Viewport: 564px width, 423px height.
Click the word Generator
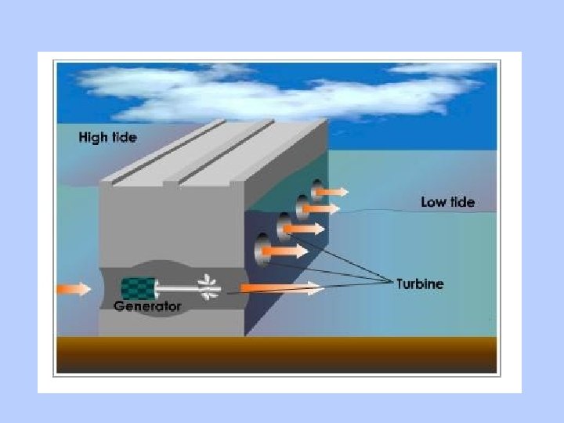click(147, 306)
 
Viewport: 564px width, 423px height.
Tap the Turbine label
click(419, 284)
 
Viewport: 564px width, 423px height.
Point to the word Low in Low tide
click(433, 202)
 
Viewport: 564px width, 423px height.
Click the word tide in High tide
click(122, 138)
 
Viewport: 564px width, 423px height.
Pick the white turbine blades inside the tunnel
click(208, 287)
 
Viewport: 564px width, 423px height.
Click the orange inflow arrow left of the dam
click(74, 288)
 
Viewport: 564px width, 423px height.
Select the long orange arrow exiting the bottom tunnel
click(282, 289)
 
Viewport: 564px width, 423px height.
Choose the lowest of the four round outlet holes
click(262, 249)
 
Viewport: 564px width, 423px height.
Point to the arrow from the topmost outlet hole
click(334, 190)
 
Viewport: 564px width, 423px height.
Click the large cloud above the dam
click(258, 90)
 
